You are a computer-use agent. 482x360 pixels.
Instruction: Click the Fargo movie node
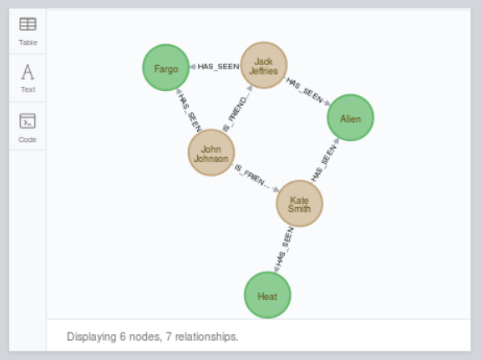click(165, 68)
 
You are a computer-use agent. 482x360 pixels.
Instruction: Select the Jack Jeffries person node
click(263, 65)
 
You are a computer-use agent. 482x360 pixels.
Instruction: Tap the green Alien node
click(350, 118)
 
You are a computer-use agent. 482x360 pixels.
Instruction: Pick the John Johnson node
click(211, 153)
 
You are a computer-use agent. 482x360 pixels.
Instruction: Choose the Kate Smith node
click(299, 203)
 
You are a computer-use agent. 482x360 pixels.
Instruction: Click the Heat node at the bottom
click(267, 296)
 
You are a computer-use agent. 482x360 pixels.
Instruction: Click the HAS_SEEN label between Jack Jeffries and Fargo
click(218, 67)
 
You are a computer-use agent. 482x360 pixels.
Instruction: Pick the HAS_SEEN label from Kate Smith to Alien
click(322, 163)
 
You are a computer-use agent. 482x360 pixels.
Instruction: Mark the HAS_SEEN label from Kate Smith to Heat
click(286, 246)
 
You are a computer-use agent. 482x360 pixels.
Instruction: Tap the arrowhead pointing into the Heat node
click(277, 269)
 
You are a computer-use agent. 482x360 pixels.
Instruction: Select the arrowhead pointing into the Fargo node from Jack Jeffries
click(193, 67)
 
